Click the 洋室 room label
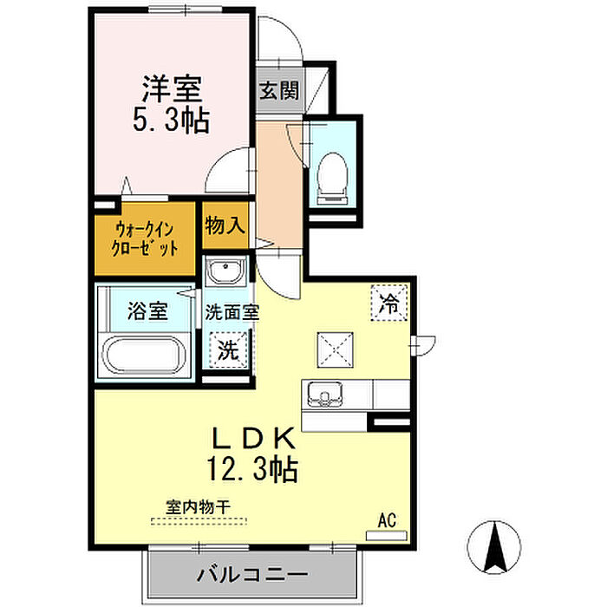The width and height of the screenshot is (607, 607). pyautogui.click(x=172, y=88)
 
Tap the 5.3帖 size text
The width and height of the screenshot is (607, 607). pyautogui.click(x=171, y=120)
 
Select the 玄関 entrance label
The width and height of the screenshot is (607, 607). pyautogui.click(x=279, y=91)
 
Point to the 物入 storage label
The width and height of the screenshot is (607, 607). pyautogui.click(x=225, y=225)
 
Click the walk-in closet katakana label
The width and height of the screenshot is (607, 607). pyautogui.click(x=145, y=239)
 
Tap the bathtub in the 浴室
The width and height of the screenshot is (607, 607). pyautogui.click(x=144, y=355)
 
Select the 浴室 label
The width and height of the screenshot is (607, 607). pyautogui.click(x=147, y=310)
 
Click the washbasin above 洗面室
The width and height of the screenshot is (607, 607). pyautogui.click(x=225, y=271)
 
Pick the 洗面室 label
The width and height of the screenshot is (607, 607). pyautogui.click(x=232, y=312)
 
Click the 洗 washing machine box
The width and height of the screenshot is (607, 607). pyautogui.click(x=228, y=350)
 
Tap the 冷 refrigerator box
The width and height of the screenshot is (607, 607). pyautogui.click(x=389, y=303)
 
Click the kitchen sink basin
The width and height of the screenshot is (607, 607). pyautogui.click(x=324, y=395)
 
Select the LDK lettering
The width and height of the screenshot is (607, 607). pyautogui.click(x=253, y=438)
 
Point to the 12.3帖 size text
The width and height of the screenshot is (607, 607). pyautogui.click(x=253, y=469)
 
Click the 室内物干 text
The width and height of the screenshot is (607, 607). pyautogui.click(x=199, y=507)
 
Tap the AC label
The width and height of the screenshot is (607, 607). pyautogui.click(x=387, y=520)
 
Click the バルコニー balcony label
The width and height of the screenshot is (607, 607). pyautogui.click(x=252, y=574)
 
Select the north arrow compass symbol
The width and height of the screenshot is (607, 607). pyautogui.click(x=494, y=547)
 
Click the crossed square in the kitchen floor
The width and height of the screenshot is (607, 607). pyautogui.click(x=336, y=350)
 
